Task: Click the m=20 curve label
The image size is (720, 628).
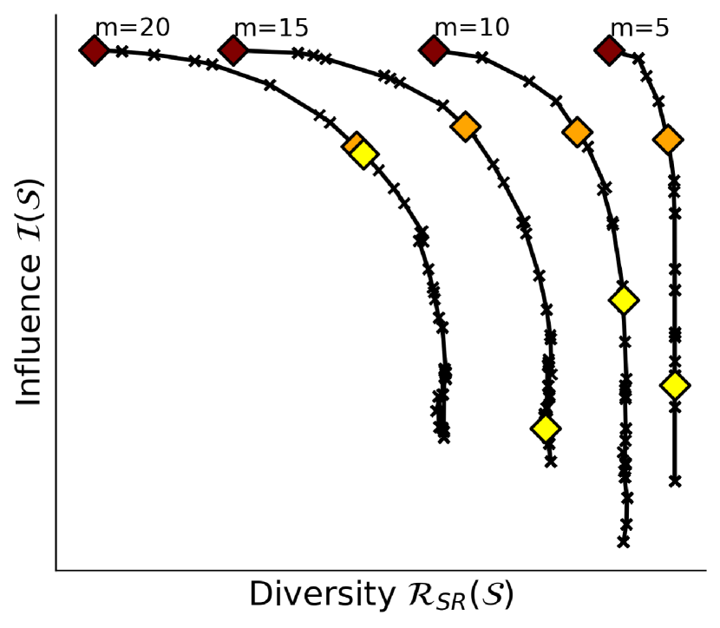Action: point(132,28)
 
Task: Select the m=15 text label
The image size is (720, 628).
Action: point(271,28)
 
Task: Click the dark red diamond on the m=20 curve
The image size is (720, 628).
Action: point(94,51)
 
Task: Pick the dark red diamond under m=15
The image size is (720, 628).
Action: point(232,51)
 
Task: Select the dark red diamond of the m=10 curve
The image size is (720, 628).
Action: point(434,51)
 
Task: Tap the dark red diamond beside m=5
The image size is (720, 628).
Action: point(609,51)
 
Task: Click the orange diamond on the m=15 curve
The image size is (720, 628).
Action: point(465,127)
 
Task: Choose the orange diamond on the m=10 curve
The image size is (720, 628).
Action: point(577,132)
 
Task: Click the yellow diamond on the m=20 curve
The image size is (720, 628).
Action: point(363,154)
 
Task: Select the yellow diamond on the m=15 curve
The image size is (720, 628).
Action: point(545,428)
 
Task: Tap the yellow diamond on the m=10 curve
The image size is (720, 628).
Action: point(623,300)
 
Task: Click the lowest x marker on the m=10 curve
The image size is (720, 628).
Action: point(623,542)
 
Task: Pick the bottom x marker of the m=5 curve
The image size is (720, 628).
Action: point(675,481)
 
